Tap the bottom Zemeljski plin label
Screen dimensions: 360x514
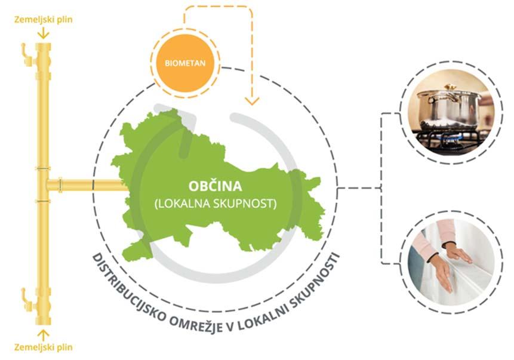(x=43, y=346)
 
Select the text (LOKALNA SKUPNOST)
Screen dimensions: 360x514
(x=216, y=202)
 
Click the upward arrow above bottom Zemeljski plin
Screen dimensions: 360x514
(x=43, y=332)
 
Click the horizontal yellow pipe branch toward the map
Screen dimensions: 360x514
(x=84, y=186)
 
